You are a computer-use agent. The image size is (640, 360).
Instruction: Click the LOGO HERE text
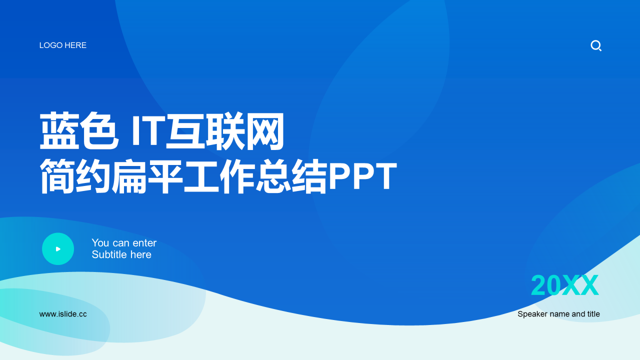coord(63,45)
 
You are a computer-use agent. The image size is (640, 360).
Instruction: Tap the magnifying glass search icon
coord(596,46)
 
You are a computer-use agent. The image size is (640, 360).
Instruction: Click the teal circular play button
coord(58,249)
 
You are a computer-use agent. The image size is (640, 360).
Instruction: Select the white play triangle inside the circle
coord(58,249)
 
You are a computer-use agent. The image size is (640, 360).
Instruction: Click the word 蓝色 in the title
coord(79,132)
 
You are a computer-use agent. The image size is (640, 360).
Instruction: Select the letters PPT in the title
coord(362,177)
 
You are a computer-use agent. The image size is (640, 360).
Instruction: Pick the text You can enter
coord(124,243)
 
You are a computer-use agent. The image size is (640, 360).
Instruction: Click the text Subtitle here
coord(121,254)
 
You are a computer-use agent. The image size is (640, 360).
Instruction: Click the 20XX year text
coord(564,285)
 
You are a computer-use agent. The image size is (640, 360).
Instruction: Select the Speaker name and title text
coord(558,314)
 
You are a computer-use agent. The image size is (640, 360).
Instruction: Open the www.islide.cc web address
coord(63,314)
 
